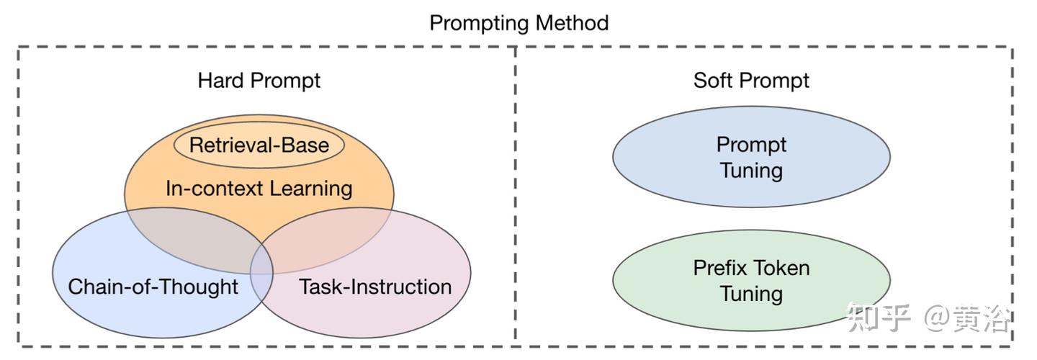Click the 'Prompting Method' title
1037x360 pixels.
tap(519, 23)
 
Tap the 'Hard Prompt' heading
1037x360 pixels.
tap(259, 81)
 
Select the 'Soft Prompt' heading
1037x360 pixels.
tap(751, 81)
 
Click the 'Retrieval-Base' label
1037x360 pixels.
tap(259, 145)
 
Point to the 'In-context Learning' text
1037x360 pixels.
tap(259, 189)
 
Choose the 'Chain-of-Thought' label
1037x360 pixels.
tap(153, 287)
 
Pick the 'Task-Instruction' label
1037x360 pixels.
tap(375, 287)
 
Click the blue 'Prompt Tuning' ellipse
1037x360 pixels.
tap(751, 157)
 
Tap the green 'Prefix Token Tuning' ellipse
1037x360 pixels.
tap(751, 280)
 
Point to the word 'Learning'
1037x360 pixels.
tap(310, 189)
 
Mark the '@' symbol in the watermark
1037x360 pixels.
tap(937, 318)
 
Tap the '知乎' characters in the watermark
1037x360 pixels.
tap(879, 318)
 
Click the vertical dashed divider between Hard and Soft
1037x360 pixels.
tap(516, 196)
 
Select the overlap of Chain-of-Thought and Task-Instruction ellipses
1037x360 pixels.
tap(261, 273)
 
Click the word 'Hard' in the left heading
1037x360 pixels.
tap(220, 81)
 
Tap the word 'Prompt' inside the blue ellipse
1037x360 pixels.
tap(751, 145)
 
